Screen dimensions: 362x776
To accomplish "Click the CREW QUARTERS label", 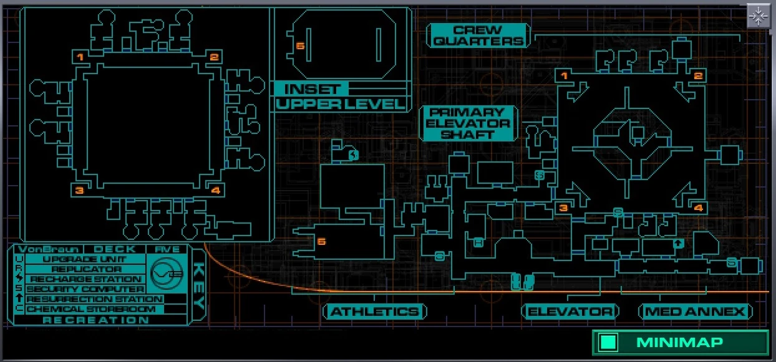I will (x=478, y=36).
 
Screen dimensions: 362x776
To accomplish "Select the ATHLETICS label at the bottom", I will (x=374, y=312).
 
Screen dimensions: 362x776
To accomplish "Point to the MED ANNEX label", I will (x=695, y=312).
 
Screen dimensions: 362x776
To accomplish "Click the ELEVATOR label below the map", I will (x=570, y=312).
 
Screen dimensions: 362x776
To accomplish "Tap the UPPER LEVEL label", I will (x=341, y=104).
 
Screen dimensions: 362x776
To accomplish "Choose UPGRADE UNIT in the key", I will (x=85, y=259).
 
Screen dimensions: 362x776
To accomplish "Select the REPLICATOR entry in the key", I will (x=86, y=269).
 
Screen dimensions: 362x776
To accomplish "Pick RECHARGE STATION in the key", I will (x=85, y=279).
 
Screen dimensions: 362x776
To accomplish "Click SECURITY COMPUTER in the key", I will (x=85, y=289).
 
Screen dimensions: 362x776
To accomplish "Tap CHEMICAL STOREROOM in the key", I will (x=90, y=309).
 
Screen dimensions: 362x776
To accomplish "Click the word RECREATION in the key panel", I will (x=96, y=320).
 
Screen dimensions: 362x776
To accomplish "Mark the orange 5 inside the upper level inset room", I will (x=300, y=46).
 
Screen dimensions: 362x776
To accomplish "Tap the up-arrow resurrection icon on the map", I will (x=679, y=244).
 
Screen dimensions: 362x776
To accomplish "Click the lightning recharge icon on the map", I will (x=354, y=155).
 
